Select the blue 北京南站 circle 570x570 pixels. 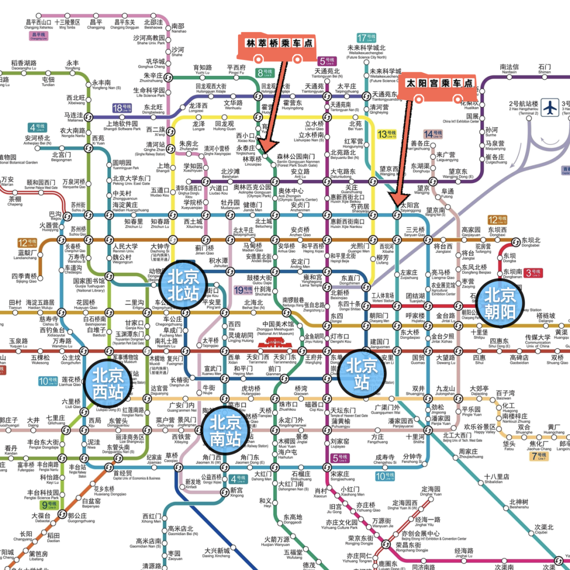click(x=226, y=431)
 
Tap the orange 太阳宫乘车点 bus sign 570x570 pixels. click(x=438, y=87)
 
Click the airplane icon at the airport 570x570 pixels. click(x=550, y=107)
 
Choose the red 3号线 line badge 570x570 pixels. click(x=534, y=273)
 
